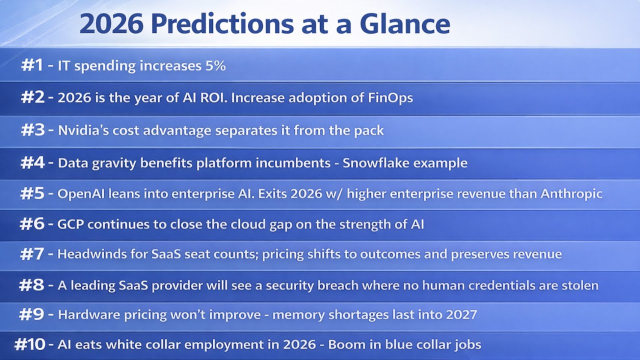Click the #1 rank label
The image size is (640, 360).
pos(32,65)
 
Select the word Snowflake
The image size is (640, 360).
pos(380,163)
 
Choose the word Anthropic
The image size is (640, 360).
pos(571,194)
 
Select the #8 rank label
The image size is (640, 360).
pos(31,285)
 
